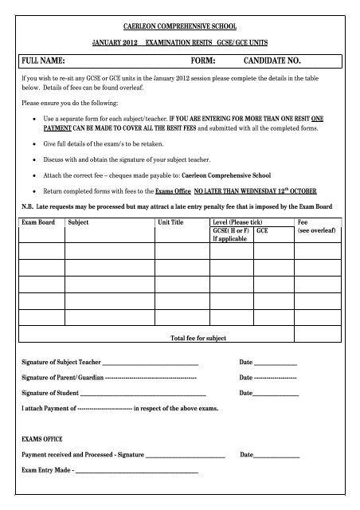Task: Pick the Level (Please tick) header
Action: [239, 222]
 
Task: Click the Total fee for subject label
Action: [199, 338]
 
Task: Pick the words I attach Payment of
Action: [49, 408]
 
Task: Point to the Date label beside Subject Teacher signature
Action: [246, 363]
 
